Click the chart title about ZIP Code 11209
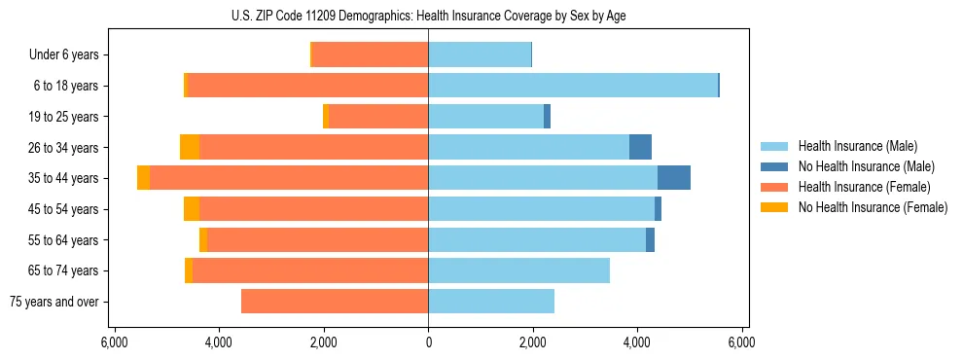[x=428, y=16]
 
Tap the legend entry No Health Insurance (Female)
[x=872, y=207]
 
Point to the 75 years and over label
[x=53, y=302]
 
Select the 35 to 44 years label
[x=64, y=178]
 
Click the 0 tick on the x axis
[x=428, y=343]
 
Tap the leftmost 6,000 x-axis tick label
[x=114, y=343]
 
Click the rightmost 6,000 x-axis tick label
[x=742, y=343]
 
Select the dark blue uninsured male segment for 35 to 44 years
[x=674, y=178]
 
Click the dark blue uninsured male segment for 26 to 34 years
[x=640, y=148]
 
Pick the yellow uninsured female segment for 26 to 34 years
[x=190, y=148]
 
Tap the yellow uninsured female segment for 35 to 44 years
[x=144, y=178]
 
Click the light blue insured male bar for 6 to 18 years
[x=573, y=86]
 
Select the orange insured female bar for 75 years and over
[x=335, y=302]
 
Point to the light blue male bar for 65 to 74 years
[x=518, y=270]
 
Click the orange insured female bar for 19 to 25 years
[x=378, y=117]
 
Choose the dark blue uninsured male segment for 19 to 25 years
[x=547, y=117]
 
